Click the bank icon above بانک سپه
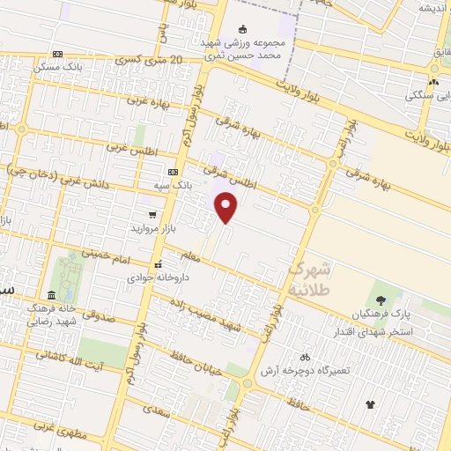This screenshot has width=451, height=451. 173,172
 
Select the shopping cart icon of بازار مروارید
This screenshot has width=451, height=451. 152,214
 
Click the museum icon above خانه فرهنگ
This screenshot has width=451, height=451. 51,294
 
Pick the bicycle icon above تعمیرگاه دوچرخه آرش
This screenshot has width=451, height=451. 305,357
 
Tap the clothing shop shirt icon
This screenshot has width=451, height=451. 370,404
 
